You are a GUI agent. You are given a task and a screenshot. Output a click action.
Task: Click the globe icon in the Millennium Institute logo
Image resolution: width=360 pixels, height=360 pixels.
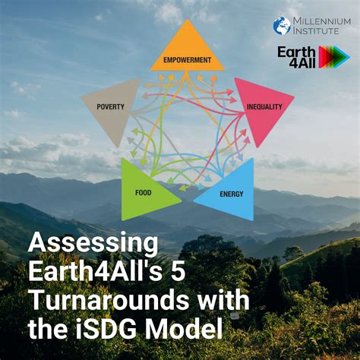point(282,26)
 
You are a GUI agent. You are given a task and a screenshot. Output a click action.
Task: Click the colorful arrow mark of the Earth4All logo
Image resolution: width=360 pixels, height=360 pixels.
point(334,57)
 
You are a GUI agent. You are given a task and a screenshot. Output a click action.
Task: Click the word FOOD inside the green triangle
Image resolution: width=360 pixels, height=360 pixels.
point(144,193)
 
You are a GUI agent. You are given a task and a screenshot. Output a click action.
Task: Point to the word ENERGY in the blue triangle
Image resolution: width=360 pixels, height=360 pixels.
point(231,194)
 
